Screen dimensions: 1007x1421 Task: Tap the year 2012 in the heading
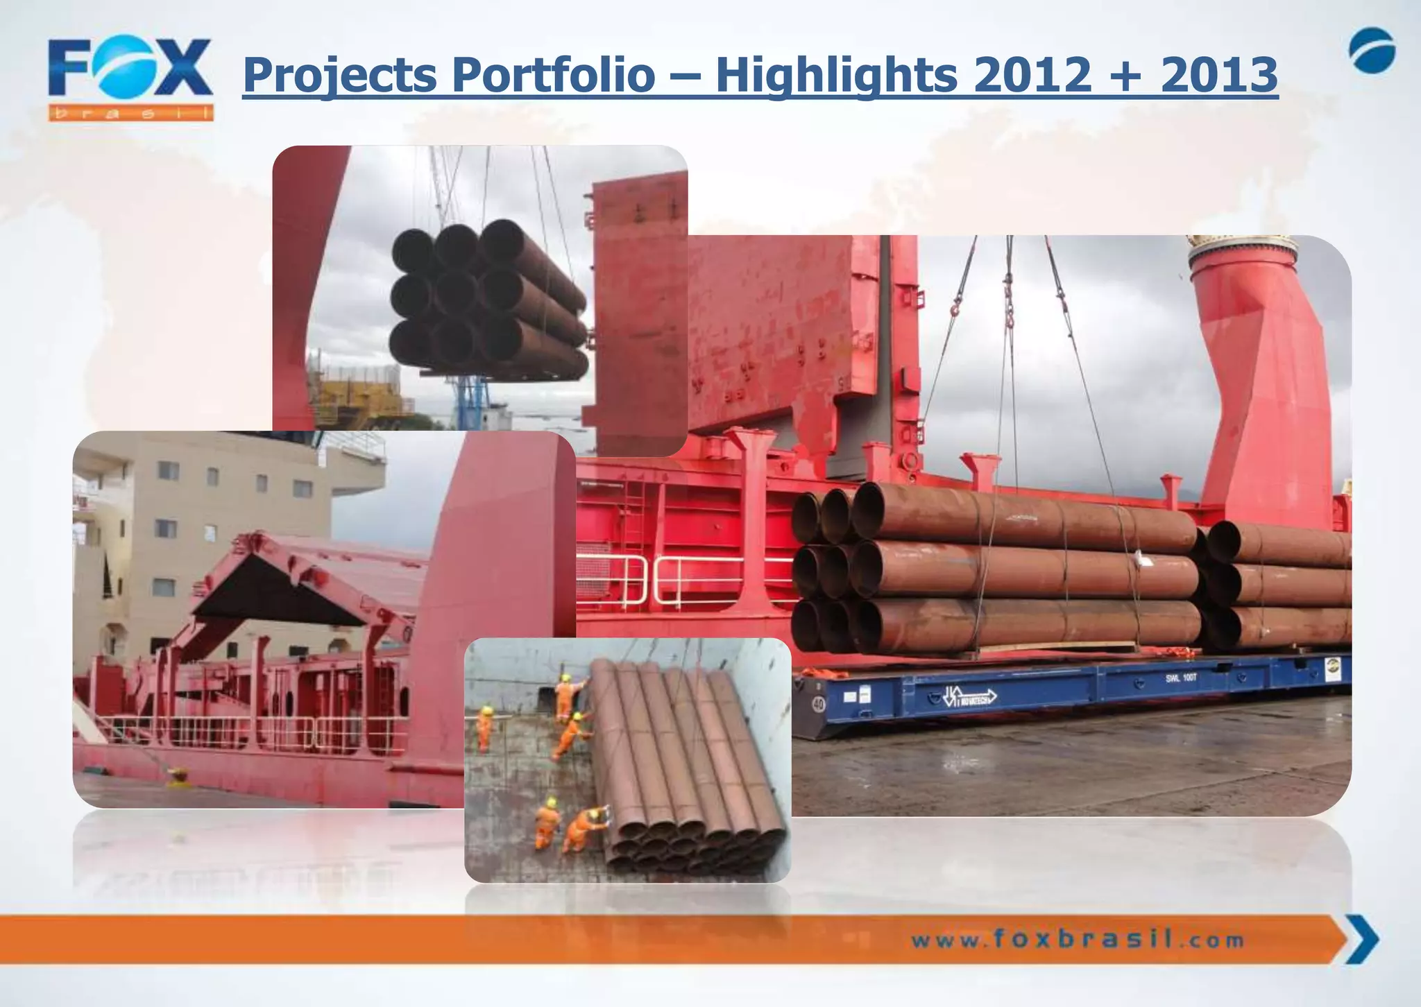1032,75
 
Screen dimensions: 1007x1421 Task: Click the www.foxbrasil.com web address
1077,941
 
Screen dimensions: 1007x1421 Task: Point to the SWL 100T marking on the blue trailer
1180,678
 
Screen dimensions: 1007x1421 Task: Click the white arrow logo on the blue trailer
968,696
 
